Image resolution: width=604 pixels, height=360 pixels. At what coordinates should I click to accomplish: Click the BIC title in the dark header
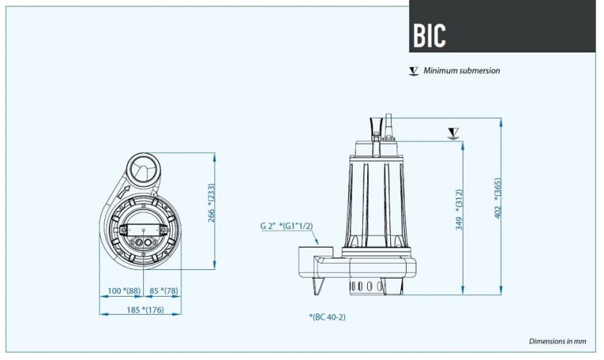point(430,35)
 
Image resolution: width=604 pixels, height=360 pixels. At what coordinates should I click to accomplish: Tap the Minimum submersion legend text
point(461,71)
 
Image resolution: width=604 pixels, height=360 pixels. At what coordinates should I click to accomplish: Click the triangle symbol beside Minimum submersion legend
point(413,71)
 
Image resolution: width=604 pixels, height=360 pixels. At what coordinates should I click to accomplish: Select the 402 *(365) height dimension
point(497,199)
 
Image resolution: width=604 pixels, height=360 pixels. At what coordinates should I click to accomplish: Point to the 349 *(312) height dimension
point(459,210)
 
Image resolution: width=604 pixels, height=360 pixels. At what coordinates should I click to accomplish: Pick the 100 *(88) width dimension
point(124,292)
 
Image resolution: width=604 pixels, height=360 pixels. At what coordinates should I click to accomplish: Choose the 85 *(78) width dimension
point(163,292)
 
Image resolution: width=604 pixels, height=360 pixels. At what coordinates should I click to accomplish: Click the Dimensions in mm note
point(557,341)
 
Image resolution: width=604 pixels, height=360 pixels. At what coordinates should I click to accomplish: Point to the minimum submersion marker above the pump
point(453,132)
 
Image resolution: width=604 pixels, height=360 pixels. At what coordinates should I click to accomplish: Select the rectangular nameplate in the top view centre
point(143,230)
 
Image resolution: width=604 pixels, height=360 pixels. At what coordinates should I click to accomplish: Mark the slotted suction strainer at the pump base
point(367,287)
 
